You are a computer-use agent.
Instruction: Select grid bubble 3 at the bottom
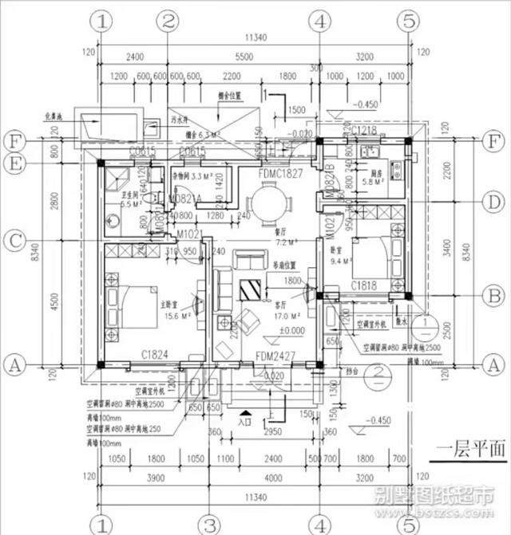[209, 524]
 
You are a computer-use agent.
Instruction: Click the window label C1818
[364, 285]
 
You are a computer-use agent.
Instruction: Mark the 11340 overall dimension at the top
[255, 37]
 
